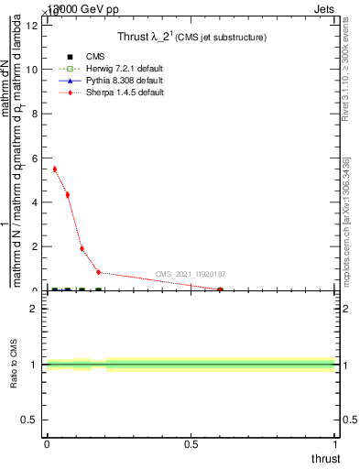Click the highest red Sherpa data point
pyautogui.click(x=55, y=169)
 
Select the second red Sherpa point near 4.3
pyautogui.click(x=68, y=195)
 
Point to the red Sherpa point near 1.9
pyautogui.click(x=82, y=248)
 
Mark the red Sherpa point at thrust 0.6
pyautogui.click(x=220, y=289)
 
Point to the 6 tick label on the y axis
pyautogui.click(x=35, y=158)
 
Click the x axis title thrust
pyautogui.click(x=324, y=458)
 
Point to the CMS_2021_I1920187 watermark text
pyautogui.click(x=191, y=274)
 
